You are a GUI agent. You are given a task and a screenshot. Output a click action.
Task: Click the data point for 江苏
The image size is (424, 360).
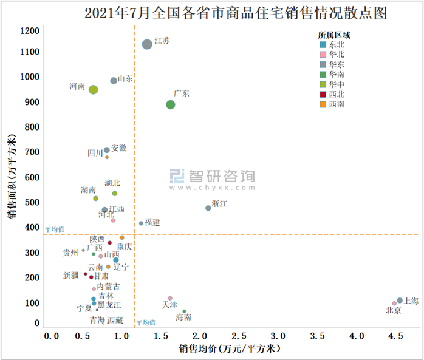147,44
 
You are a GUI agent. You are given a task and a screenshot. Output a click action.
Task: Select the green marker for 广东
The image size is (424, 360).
171,105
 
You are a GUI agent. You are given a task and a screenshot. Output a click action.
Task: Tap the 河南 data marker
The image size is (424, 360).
94,90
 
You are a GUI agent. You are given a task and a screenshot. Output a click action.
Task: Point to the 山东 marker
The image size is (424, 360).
114,81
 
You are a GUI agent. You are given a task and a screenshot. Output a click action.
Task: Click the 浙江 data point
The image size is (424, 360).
208,208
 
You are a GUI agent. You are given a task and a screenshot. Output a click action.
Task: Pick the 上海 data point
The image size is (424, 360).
400,301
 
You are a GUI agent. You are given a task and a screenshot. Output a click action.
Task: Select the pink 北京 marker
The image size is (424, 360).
394,304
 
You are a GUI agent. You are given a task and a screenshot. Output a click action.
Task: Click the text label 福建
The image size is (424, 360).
152,223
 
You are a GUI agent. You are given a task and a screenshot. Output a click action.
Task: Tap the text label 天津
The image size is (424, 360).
169,305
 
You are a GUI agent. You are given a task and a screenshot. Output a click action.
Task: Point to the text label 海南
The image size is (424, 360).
183,318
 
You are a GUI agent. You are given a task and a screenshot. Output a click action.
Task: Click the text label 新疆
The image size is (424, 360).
71,276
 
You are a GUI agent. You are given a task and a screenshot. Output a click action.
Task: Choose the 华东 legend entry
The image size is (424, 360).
332,64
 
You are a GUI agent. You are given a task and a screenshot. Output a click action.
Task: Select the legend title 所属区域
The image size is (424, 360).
333,35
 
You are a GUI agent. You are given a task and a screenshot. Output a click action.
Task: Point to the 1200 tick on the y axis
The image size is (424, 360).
30,31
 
